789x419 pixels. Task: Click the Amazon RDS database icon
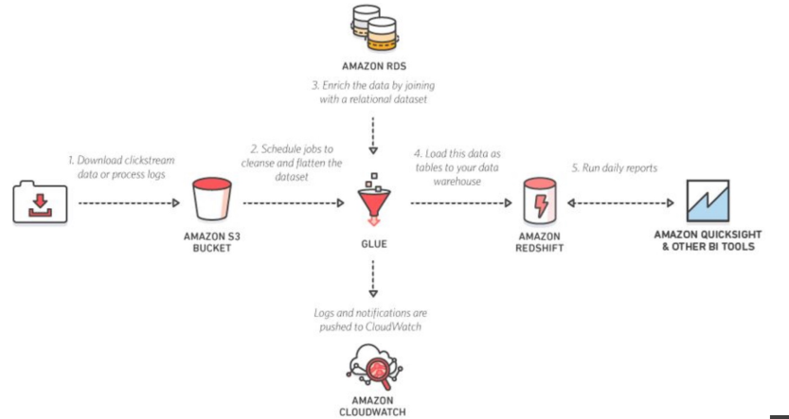point(371,26)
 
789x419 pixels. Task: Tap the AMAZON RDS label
point(371,67)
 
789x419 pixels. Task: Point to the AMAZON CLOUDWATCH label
point(371,406)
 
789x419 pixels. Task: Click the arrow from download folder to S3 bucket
point(129,202)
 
